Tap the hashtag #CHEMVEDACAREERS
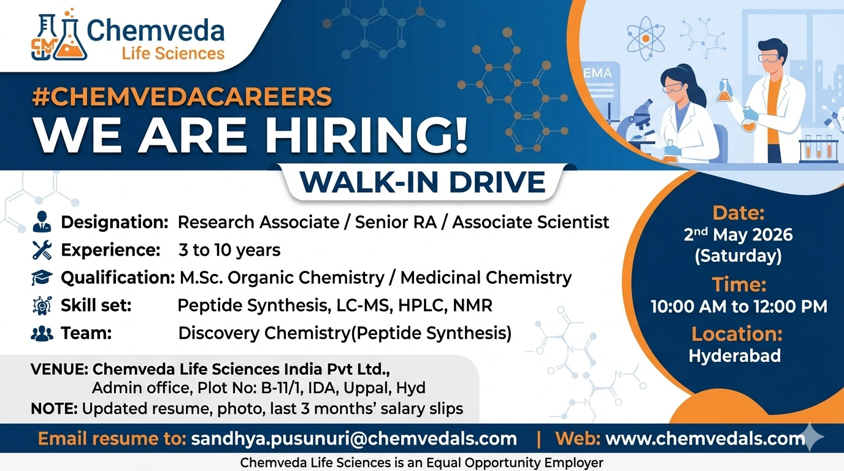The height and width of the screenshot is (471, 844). (x=182, y=96)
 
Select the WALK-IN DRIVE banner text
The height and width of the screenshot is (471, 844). (x=423, y=182)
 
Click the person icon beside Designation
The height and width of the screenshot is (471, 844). (x=42, y=221)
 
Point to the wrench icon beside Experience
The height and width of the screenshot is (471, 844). (x=42, y=250)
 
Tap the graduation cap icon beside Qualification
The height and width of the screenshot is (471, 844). (x=42, y=278)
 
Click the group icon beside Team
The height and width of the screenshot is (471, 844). (x=42, y=334)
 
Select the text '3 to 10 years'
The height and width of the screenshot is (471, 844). (x=229, y=250)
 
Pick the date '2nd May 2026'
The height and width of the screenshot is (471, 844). (x=738, y=234)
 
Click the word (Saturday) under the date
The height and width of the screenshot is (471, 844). (x=738, y=256)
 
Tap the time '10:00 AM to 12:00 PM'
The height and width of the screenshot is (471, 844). (x=739, y=307)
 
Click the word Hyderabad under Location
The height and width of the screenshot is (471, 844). (x=735, y=356)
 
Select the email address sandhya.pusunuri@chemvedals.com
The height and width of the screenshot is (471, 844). (x=354, y=438)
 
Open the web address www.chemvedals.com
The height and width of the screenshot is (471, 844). (x=705, y=438)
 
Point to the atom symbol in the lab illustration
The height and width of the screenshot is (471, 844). (x=645, y=39)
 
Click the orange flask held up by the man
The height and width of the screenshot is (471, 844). (x=724, y=91)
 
